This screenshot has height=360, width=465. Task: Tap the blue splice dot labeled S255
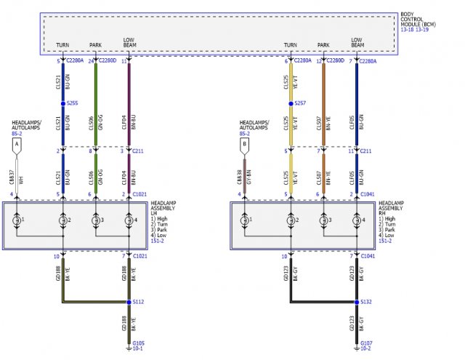(63, 103)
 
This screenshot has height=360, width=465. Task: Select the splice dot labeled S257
(291, 104)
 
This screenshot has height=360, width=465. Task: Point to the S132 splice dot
(356, 302)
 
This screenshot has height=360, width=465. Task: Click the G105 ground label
(138, 343)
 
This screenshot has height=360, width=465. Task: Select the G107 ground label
(365, 343)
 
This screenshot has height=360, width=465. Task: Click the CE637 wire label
(12, 176)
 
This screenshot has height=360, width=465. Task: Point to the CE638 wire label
(240, 176)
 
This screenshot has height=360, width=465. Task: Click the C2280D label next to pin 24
(108, 62)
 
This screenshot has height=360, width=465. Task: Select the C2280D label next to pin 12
(336, 62)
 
